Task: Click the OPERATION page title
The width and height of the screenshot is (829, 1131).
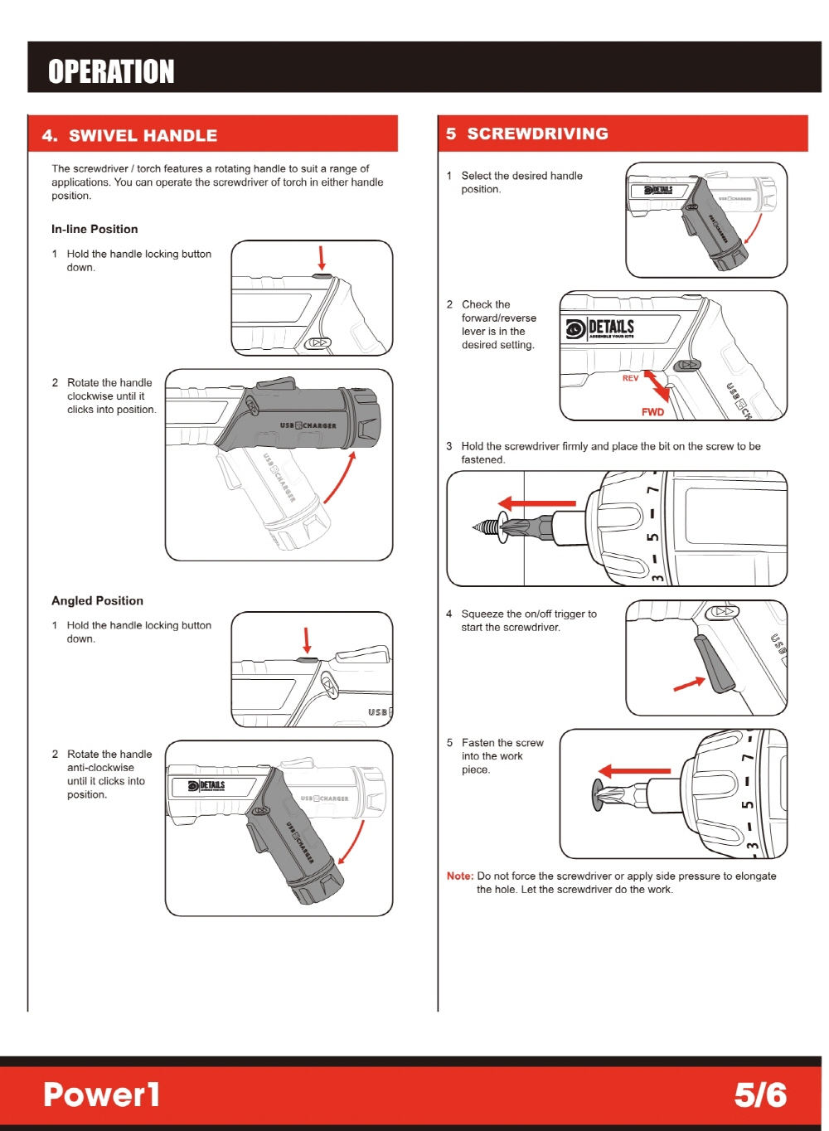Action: coord(111,71)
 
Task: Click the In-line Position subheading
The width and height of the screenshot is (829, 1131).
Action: coord(95,229)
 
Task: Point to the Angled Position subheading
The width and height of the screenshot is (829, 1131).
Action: coord(97,600)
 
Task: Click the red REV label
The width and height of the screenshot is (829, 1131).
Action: coord(631,378)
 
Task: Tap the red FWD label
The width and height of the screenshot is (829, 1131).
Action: coord(652,411)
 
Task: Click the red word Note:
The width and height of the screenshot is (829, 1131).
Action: coord(460,876)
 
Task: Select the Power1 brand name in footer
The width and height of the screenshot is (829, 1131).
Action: coord(101,1095)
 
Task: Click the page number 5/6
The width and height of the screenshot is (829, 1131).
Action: coord(759,1095)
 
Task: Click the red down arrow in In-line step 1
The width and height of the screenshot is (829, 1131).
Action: coord(322,257)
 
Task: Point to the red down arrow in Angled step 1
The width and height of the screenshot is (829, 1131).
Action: coord(307,640)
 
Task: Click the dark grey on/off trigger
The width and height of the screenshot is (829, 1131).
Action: coord(715,663)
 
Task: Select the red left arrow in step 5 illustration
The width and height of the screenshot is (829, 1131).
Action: coord(634,771)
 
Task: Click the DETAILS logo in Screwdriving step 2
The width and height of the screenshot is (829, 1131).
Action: coord(600,328)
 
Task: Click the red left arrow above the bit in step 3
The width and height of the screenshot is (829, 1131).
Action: coord(537,503)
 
